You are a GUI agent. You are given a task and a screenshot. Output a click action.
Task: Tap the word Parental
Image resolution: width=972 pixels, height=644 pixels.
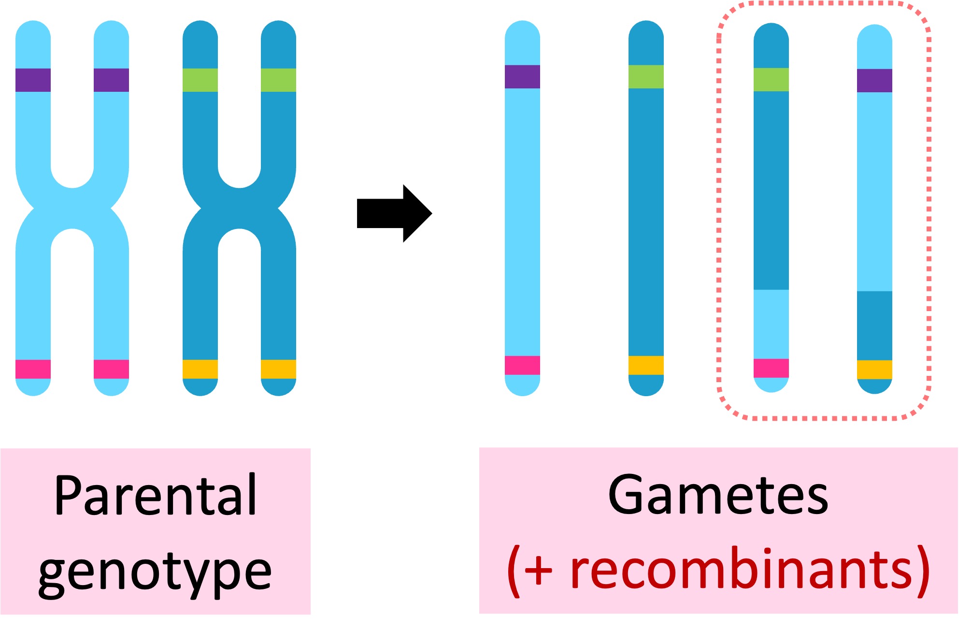155,496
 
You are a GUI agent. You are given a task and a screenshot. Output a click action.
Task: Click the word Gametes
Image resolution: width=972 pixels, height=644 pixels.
718,496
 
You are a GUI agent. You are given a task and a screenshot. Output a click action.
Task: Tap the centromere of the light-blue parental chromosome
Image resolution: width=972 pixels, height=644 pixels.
72,209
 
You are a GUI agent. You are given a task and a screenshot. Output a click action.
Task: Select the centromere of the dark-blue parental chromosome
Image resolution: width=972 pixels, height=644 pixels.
239,209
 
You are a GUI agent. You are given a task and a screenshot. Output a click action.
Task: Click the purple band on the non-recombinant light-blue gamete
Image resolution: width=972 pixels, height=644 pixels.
522,77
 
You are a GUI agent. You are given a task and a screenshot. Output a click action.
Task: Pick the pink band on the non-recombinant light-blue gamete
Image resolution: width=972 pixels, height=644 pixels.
522,365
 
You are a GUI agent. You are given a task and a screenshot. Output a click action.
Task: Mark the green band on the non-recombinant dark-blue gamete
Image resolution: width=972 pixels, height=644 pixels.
646,77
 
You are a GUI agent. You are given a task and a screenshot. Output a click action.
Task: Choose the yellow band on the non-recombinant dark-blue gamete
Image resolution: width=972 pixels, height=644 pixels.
646,365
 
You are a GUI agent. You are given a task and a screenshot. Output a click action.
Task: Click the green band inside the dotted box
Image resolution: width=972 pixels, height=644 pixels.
771,80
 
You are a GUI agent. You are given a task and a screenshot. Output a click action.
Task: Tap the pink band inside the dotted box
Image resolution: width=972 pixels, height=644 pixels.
771,368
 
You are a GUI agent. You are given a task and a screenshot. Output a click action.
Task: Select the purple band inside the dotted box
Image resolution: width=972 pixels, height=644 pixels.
874,81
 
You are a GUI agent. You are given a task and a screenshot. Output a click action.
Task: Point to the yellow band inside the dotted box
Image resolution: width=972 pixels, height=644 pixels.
874,370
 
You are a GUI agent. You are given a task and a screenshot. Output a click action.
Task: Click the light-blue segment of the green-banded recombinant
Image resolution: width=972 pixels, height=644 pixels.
771,324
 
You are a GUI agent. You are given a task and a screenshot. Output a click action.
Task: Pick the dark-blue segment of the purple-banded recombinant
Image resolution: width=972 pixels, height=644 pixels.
874,326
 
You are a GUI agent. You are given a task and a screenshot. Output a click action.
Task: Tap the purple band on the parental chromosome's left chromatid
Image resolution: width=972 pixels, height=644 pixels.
33,80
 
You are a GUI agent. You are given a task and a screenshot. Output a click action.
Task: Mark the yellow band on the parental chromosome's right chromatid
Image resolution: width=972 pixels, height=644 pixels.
278,369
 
